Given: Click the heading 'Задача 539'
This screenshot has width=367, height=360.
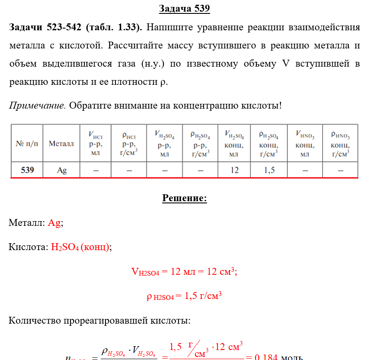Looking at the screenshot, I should point(184,9).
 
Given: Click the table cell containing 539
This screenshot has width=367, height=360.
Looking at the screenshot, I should point(27,170).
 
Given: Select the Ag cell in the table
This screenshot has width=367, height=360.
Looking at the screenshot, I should point(62,170).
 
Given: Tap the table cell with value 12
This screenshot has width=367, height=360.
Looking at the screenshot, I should point(234,170).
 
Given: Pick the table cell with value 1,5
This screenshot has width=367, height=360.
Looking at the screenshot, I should point(269,170).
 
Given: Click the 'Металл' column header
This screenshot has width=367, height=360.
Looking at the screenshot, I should point(61,144).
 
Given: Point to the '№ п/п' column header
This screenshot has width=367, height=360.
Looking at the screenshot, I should point(27,144).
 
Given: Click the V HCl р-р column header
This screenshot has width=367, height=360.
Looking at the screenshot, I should point(95,143).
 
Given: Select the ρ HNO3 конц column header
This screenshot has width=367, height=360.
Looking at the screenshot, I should point(340,143).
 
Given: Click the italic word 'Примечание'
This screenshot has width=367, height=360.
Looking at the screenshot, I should point(37,105).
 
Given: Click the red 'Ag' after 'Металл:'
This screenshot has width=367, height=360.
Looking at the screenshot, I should point(54,223).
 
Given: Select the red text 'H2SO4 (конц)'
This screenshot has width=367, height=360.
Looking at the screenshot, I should point(80,247).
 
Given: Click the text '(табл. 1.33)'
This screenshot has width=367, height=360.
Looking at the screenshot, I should point(114,28).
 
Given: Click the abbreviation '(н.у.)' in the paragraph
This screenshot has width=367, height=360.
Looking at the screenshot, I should point(152,64).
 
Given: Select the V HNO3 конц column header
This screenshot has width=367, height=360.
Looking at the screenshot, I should point(305,143).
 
